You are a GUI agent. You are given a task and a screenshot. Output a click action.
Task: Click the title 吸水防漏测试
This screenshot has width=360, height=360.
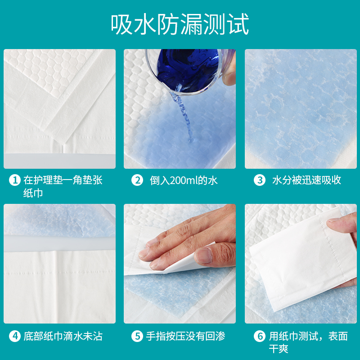[x=180, y=25]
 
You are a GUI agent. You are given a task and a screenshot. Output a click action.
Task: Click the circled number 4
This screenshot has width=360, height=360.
[x=15, y=336]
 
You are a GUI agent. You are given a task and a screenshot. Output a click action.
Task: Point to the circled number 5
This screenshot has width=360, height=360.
[x=137, y=336]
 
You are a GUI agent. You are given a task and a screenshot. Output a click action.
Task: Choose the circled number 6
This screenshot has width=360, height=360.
[x=259, y=336]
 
